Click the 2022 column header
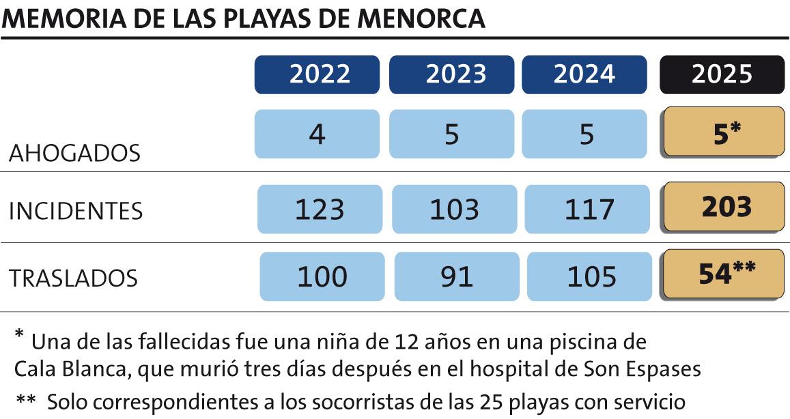(317, 74)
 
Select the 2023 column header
(451, 74)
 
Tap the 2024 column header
(584, 74)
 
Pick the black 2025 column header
(722, 74)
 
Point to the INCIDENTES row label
(76, 212)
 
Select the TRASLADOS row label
(73, 278)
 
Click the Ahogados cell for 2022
(317, 134)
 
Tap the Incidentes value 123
(320, 209)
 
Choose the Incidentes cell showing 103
(453, 209)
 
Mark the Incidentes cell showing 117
(587, 209)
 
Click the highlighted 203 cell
(726, 207)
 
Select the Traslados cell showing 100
(322, 276)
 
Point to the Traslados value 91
(455, 276)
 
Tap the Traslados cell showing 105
(589, 276)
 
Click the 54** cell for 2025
(726, 274)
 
